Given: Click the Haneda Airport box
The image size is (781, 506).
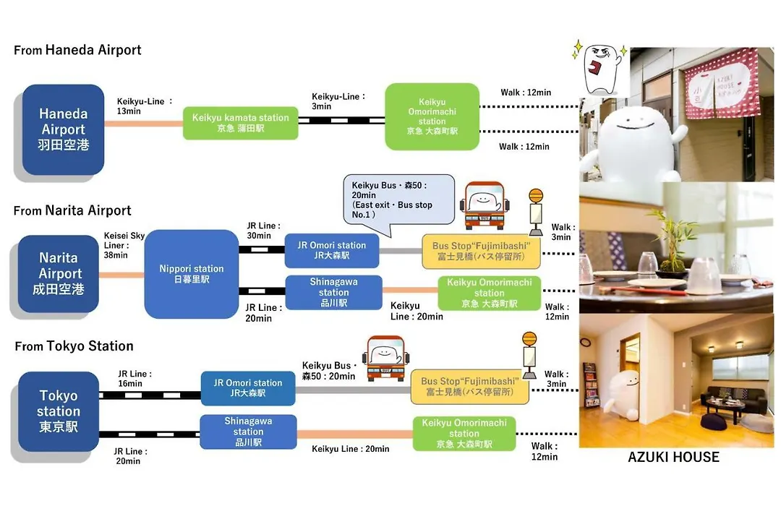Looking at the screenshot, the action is click(63, 129).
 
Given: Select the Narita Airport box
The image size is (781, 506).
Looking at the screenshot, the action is click(59, 273).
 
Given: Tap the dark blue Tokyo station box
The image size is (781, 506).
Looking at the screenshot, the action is click(59, 411).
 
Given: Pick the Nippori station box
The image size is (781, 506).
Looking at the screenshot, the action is click(192, 274).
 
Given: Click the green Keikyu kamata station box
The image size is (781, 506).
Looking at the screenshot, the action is click(241, 122).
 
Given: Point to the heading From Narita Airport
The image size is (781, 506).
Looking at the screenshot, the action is click(73, 210).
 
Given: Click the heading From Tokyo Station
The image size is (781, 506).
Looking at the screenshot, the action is click(74, 346).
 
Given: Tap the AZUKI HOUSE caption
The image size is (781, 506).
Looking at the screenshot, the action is click(673, 457).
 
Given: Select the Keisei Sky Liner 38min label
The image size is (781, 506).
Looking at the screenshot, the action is click(124, 245).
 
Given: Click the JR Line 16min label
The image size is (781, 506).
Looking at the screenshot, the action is click(135, 379).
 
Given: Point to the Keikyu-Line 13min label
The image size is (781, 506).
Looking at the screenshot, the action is click(145, 106).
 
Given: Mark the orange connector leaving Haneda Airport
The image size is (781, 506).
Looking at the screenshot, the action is click(143, 124).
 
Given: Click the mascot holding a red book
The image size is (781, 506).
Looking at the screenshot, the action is click(601, 67).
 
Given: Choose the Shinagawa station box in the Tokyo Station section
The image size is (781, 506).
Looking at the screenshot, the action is click(248, 432).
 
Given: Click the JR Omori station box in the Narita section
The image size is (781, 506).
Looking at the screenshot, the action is click(332, 251).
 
